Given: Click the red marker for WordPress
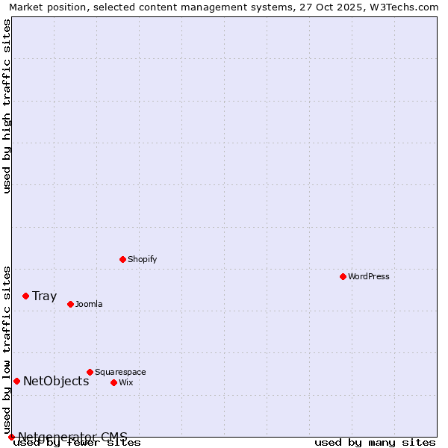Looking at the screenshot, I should tap(343, 276).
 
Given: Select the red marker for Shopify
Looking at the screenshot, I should tap(122, 259).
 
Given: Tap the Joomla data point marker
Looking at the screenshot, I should tap(70, 304).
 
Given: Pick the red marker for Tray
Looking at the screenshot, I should tap(25, 296).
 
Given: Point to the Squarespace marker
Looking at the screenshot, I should tap(90, 372).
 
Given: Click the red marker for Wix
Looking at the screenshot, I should tap(113, 382).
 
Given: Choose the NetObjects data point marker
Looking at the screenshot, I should tap(16, 381).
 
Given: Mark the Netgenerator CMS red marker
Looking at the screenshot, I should tap(11, 437).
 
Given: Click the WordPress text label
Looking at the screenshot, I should tap(368, 276).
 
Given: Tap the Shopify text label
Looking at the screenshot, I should tap(142, 259).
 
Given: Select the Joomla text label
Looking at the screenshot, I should tap(89, 304).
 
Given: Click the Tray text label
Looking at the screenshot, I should tap(44, 296).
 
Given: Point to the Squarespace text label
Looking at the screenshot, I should tap(120, 372).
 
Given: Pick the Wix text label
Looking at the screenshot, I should tap(125, 382).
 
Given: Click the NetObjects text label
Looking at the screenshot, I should tap(56, 381).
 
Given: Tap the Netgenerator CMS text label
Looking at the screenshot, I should tap(72, 437).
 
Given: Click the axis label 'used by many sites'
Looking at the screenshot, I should tap(375, 442).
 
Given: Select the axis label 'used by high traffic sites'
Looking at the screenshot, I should tap(7, 106).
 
